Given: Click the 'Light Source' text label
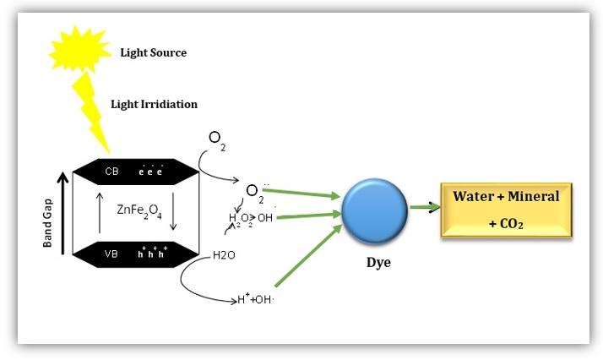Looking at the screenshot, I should click(153, 52).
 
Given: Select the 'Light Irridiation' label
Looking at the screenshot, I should click(154, 104).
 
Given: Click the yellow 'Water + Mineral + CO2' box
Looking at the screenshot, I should click(505, 210).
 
